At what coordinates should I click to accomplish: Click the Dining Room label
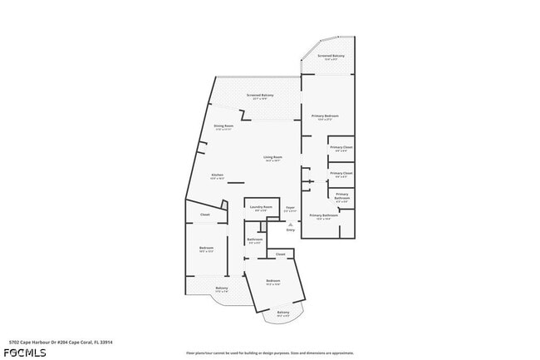[x=223, y=127]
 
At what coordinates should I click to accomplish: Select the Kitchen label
[x=217, y=176]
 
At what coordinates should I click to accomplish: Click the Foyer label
[x=290, y=208]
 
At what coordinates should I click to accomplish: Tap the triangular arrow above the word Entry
[x=290, y=224]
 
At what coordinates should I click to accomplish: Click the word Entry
[x=290, y=229]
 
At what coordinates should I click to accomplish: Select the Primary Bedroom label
[x=325, y=116]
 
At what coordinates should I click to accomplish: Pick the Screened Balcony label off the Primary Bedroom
[x=331, y=57]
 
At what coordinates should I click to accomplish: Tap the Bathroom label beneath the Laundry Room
[x=255, y=240]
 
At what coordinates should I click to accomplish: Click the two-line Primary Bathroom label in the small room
[x=341, y=197]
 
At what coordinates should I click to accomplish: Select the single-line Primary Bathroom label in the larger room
[x=324, y=216]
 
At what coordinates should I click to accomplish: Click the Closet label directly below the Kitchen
[x=204, y=215]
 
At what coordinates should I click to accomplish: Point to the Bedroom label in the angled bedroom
[x=273, y=282]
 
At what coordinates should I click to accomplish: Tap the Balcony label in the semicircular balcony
[x=283, y=313]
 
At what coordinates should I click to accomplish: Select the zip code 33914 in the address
[x=105, y=342]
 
